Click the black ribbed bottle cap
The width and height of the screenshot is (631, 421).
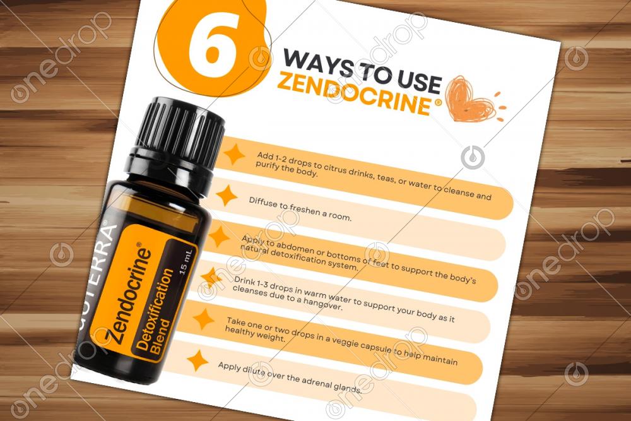180,132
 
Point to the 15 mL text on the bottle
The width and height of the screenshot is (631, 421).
186,261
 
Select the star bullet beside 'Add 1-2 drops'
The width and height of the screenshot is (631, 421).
235,154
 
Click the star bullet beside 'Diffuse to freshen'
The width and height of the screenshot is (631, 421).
227,196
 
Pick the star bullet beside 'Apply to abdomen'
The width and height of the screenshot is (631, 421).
220,236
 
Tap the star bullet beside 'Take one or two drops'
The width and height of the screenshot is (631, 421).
204,319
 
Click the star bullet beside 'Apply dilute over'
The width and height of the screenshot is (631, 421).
198,360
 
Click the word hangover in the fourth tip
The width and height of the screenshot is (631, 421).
322,304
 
